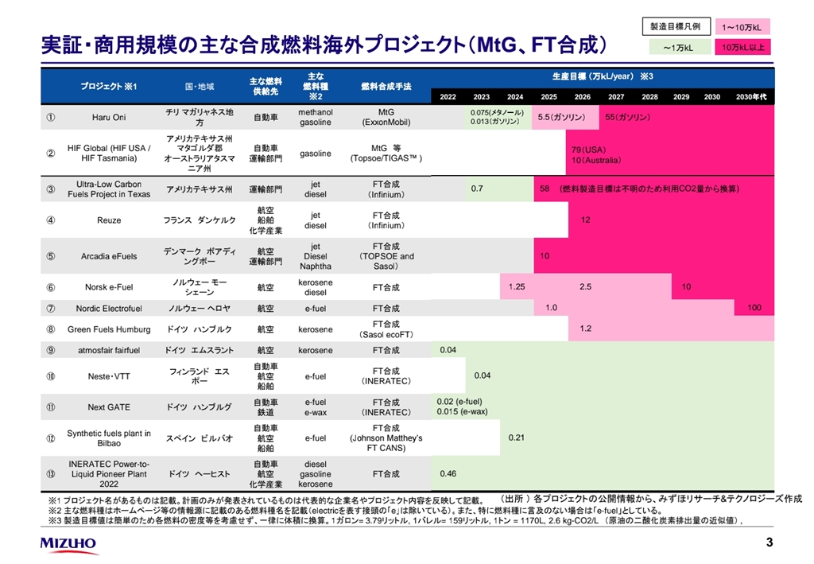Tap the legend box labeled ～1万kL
click(x=675, y=48)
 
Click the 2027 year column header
click(x=616, y=97)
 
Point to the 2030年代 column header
click(x=751, y=97)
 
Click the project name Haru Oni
click(x=109, y=118)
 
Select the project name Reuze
click(x=109, y=220)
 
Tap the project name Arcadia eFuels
click(x=109, y=256)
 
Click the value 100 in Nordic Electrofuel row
click(x=754, y=308)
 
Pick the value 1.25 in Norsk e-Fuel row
click(x=516, y=286)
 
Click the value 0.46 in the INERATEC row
click(x=448, y=474)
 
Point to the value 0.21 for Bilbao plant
click(x=516, y=438)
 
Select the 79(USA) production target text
click(x=588, y=150)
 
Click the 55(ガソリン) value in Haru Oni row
click(x=627, y=117)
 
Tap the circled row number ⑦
click(x=50, y=309)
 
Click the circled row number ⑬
click(x=50, y=474)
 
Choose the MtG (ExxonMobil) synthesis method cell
click(x=386, y=118)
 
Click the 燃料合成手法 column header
click(x=386, y=85)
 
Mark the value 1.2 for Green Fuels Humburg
click(x=585, y=329)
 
